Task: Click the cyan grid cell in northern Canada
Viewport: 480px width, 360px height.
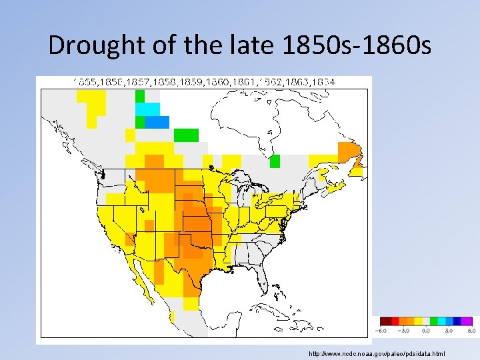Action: (148, 109)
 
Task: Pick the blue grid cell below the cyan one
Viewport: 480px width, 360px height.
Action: (157, 122)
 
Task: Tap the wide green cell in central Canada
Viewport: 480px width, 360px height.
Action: (187, 135)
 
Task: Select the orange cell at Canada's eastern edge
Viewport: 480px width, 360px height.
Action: (348, 149)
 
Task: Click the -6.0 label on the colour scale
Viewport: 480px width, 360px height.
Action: (381, 330)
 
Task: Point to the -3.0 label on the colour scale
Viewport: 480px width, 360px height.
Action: (404, 330)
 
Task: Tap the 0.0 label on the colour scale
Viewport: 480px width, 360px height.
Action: (426, 330)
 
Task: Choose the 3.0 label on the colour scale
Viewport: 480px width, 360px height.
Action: (448, 330)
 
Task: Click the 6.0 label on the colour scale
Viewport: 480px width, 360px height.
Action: (469, 330)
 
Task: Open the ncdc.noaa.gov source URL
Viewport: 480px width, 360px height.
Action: (377, 353)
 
